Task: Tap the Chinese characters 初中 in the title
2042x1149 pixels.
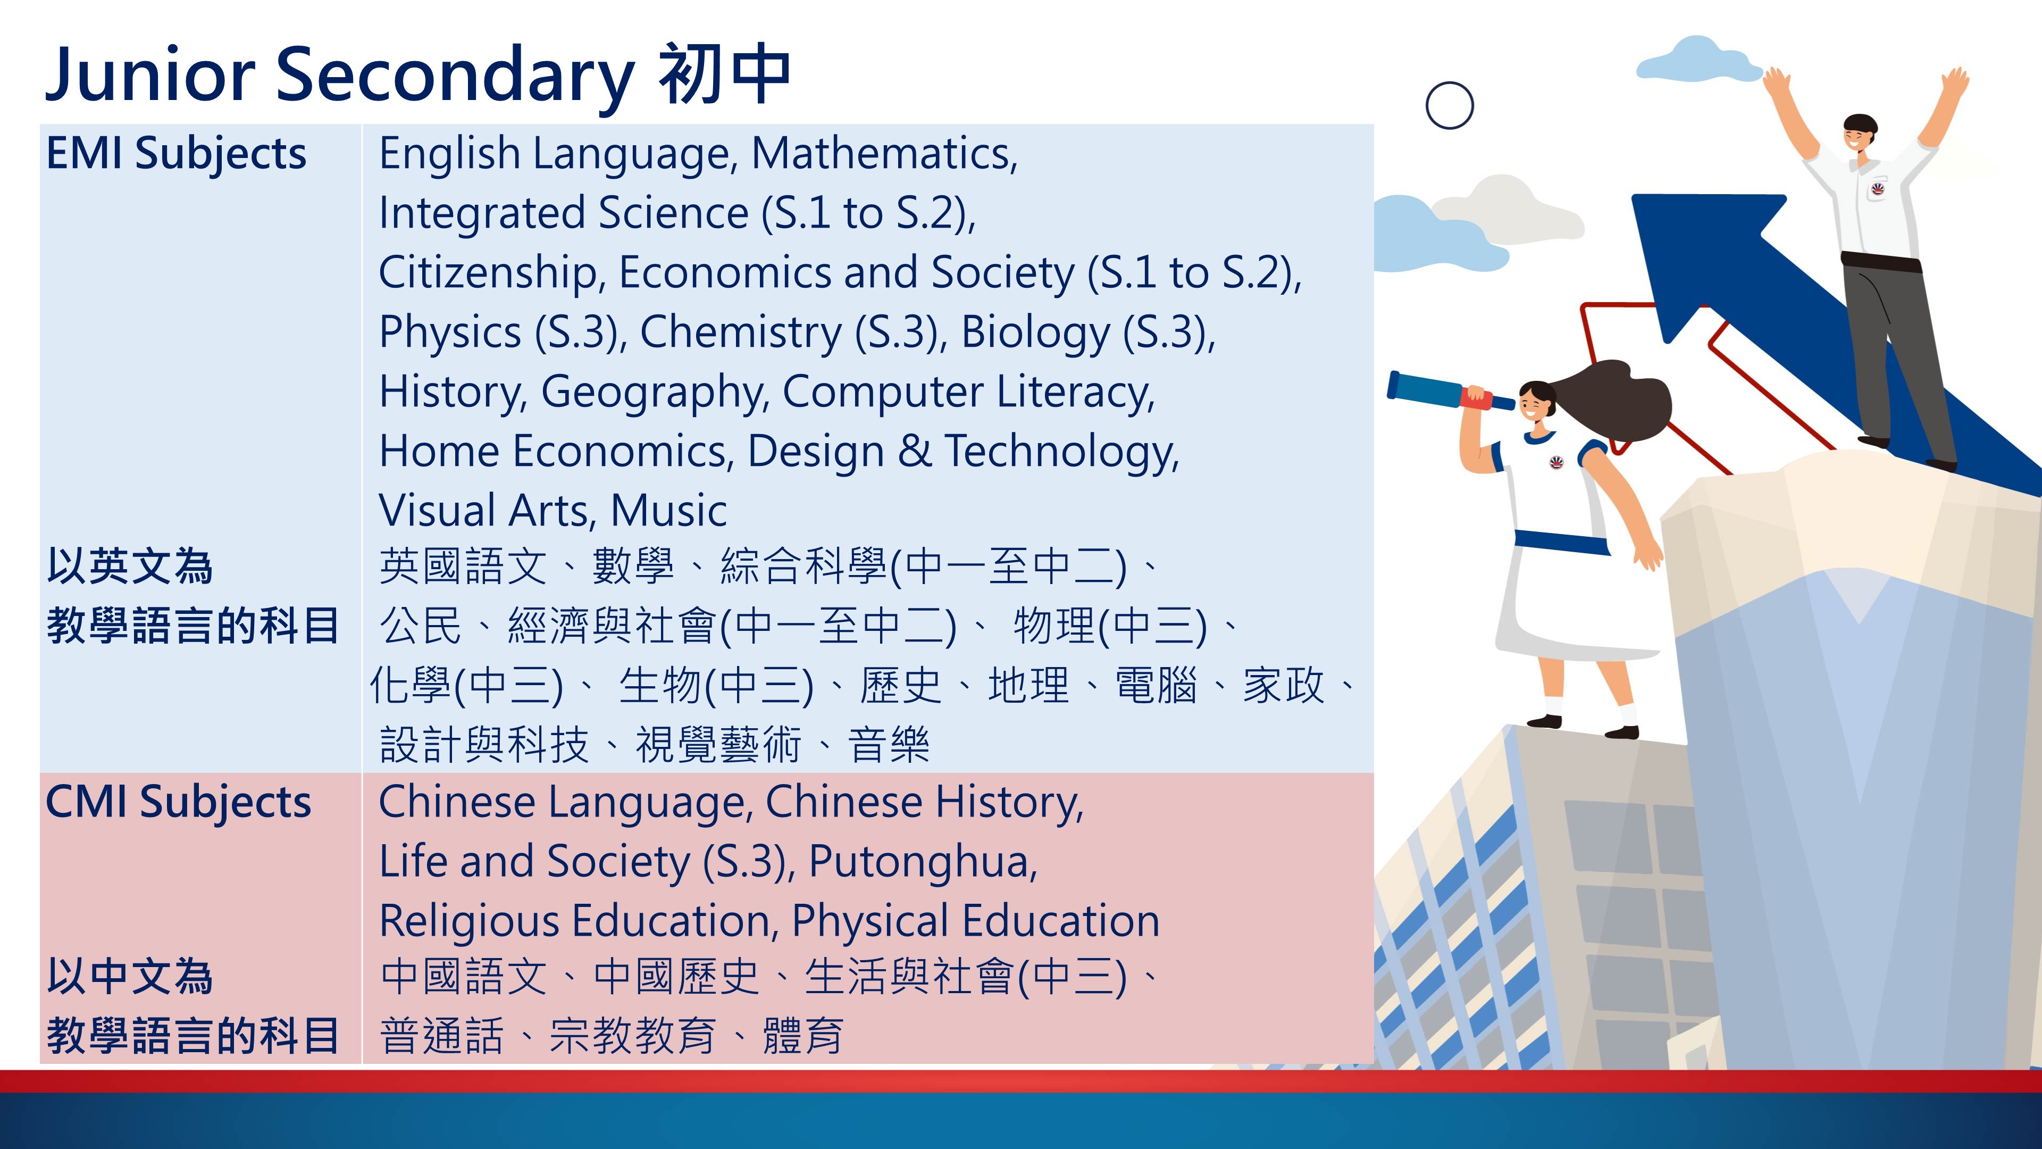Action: point(724,74)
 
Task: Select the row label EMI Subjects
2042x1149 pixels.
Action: point(176,154)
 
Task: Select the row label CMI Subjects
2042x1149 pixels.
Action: point(178,803)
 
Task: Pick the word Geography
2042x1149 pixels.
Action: point(653,393)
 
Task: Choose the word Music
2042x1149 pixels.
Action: point(668,511)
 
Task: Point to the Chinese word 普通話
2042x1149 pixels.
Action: point(441,1036)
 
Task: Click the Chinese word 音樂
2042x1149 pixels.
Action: point(889,745)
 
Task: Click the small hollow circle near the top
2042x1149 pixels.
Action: point(1450,105)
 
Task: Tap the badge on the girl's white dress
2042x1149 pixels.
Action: point(1556,462)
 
